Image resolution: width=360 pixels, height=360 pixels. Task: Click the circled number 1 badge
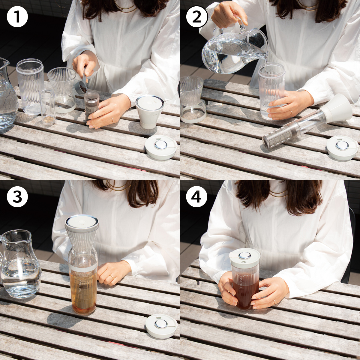coord(17,17)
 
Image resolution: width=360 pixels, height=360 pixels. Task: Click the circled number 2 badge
coord(197,17)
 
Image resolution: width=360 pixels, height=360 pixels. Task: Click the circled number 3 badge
coord(17,197)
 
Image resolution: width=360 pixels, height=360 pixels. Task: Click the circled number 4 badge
coord(197,197)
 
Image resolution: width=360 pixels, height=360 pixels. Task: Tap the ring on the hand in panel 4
coord(274,301)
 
